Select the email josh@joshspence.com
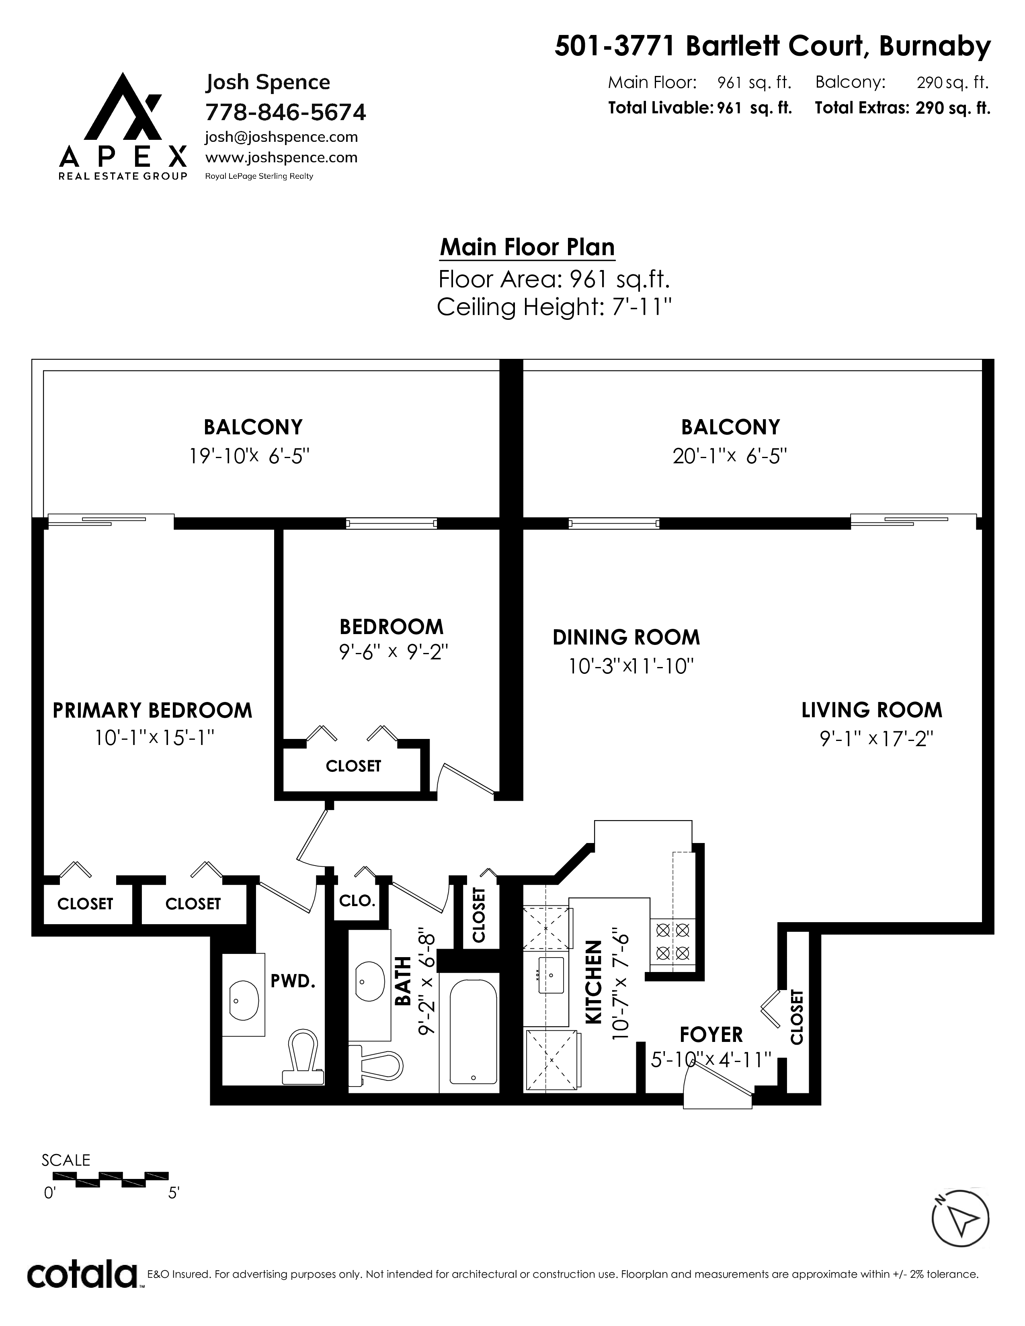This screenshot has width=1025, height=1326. [x=281, y=137]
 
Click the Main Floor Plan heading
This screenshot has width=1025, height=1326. [x=527, y=247]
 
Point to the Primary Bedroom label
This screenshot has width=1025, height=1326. [x=152, y=710]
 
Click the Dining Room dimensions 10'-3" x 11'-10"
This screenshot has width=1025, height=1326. [x=631, y=667]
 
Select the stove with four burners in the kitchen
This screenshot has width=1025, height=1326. [x=672, y=941]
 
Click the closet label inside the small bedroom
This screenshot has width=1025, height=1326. [x=353, y=766]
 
